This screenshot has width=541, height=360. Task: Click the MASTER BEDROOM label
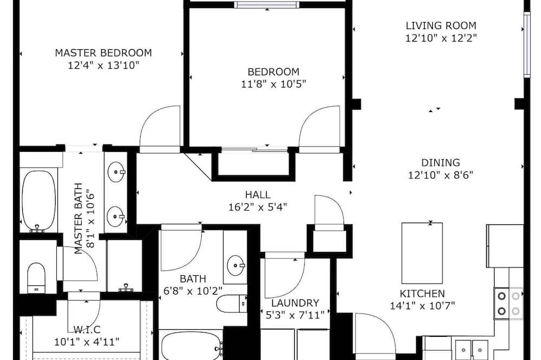(x=103, y=53)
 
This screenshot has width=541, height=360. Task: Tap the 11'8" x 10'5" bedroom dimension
(x=273, y=84)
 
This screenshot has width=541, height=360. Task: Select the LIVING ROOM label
(x=441, y=25)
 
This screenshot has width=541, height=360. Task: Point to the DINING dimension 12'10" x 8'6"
(x=440, y=175)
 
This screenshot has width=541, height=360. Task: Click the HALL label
(x=258, y=195)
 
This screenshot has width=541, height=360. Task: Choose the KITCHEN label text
(x=422, y=294)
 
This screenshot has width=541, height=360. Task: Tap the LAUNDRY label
(x=295, y=303)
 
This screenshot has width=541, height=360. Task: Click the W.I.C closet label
(x=87, y=329)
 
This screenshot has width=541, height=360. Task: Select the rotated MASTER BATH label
(x=79, y=218)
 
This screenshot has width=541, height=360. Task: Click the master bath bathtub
(x=39, y=201)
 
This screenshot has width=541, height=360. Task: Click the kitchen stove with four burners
(x=508, y=303)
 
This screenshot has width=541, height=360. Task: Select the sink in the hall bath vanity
(x=236, y=265)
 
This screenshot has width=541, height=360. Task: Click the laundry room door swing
(x=285, y=275)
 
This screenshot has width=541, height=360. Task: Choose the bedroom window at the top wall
(x=266, y=4)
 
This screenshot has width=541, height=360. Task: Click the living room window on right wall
(x=527, y=45)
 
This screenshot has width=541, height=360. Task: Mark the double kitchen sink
(x=472, y=349)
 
